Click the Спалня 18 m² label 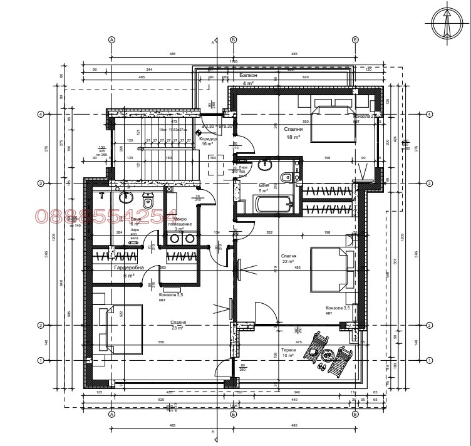pos(294,132)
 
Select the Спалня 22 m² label pos(289,259)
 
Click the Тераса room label pos(288,352)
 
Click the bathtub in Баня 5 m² pos(272,204)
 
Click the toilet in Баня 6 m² pos(148,201)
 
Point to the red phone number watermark pos(106,217)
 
